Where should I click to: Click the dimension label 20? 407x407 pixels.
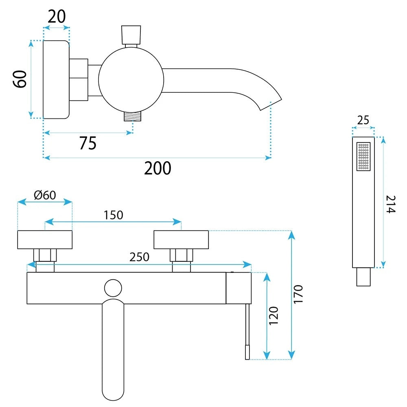click(57, 17)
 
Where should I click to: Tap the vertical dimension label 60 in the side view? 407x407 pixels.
click(20, 79)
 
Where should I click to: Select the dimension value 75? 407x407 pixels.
click(88, 143)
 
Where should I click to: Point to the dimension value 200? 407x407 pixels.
click(158, 168)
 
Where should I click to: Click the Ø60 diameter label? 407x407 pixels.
click(45, 195)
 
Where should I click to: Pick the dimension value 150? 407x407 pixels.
click(114, 215)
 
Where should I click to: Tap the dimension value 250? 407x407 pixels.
click(139, 257)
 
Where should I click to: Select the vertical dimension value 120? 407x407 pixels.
click(274, 315)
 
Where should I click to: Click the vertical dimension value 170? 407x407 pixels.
click(298, 294)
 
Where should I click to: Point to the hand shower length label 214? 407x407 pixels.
click(391, 204)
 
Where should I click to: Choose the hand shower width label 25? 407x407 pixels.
click(363, 120)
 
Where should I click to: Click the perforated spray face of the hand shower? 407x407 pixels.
click(363, 157)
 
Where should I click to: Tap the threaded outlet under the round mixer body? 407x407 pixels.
click(133, 116)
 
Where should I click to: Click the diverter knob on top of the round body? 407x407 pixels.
click(131, 35)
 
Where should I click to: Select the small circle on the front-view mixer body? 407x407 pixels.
click(113, 288)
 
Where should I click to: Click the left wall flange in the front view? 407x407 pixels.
click(45, 240)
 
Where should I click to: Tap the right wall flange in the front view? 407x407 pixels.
click(181, 240)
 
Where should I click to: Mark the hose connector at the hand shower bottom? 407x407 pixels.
click(363, 277)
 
